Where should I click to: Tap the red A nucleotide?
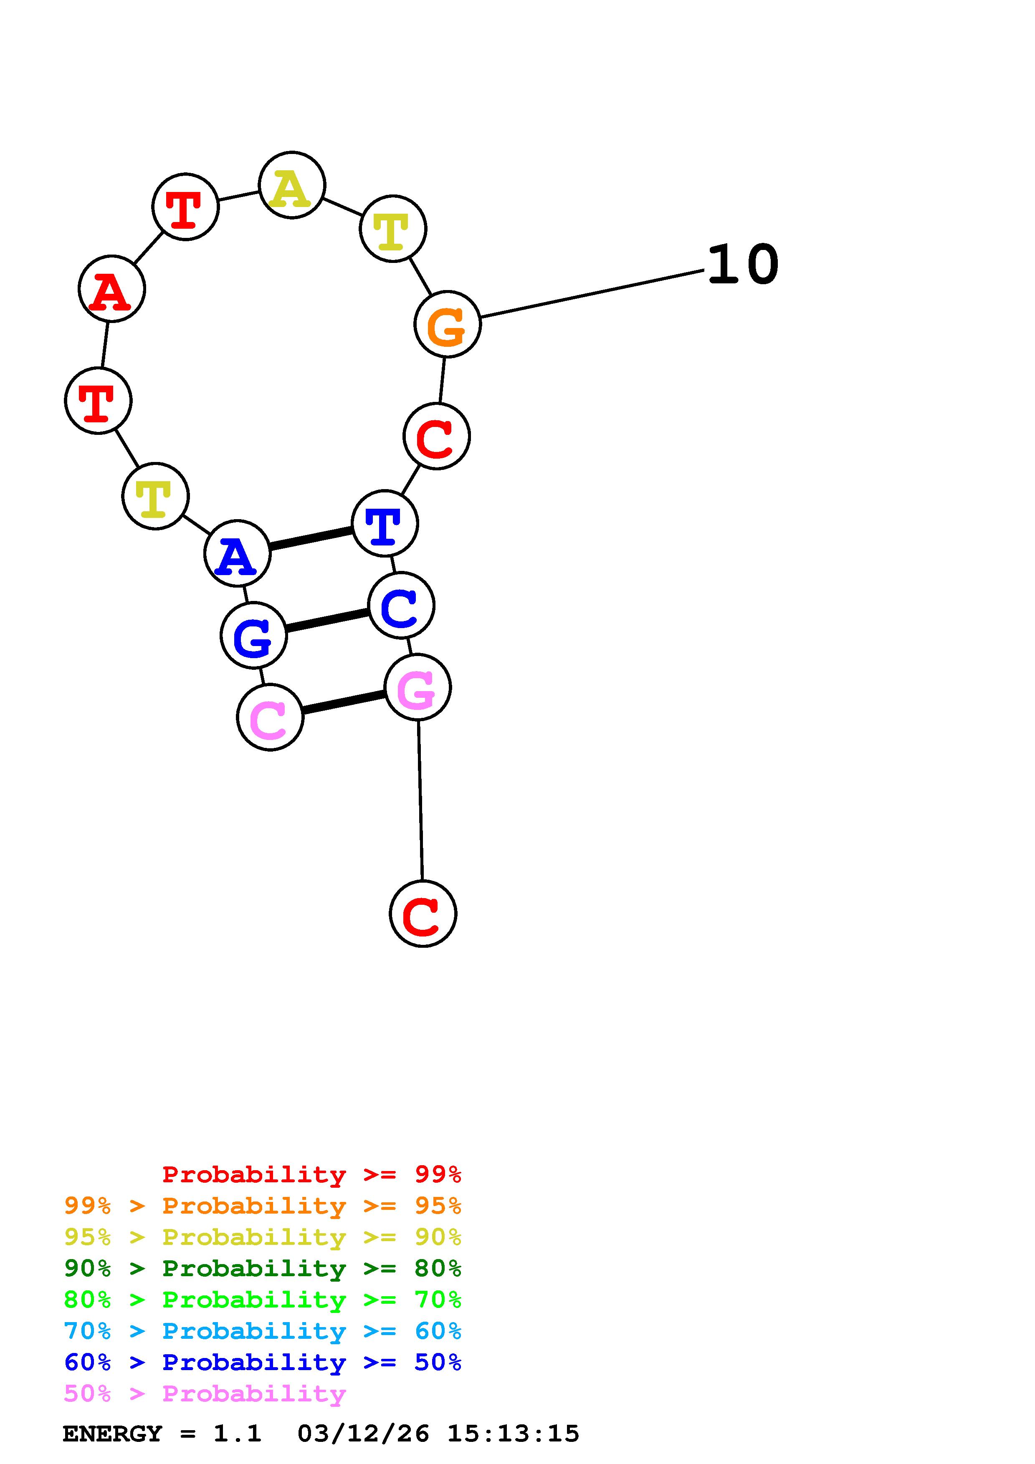pyautogui.click(x=111, y=289)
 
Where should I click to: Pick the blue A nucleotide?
pyautogui.click(x=237, y=553)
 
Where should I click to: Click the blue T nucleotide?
pyautogui.click(x=385, y=523)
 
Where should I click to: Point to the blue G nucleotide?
pyautogui.click(x=253, y=635)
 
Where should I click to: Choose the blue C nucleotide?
pyautogui.click(x=401, y=605)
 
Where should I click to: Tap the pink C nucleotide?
pyautogui.click(x=270, y=717)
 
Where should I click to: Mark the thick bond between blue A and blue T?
pyautogui.click(x=311, y=538)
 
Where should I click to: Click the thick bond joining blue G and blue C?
pyautogui.click(x=327, y=620)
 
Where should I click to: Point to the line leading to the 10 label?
pyautogui.click(x=592, y=294)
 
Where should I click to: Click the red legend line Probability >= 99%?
pyautogui.click(x=311, y=1174)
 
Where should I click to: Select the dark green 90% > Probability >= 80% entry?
pyautogui.click(x=262, y=1268)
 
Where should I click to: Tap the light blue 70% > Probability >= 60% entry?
pyautogui.click(x=262, y=1331)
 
